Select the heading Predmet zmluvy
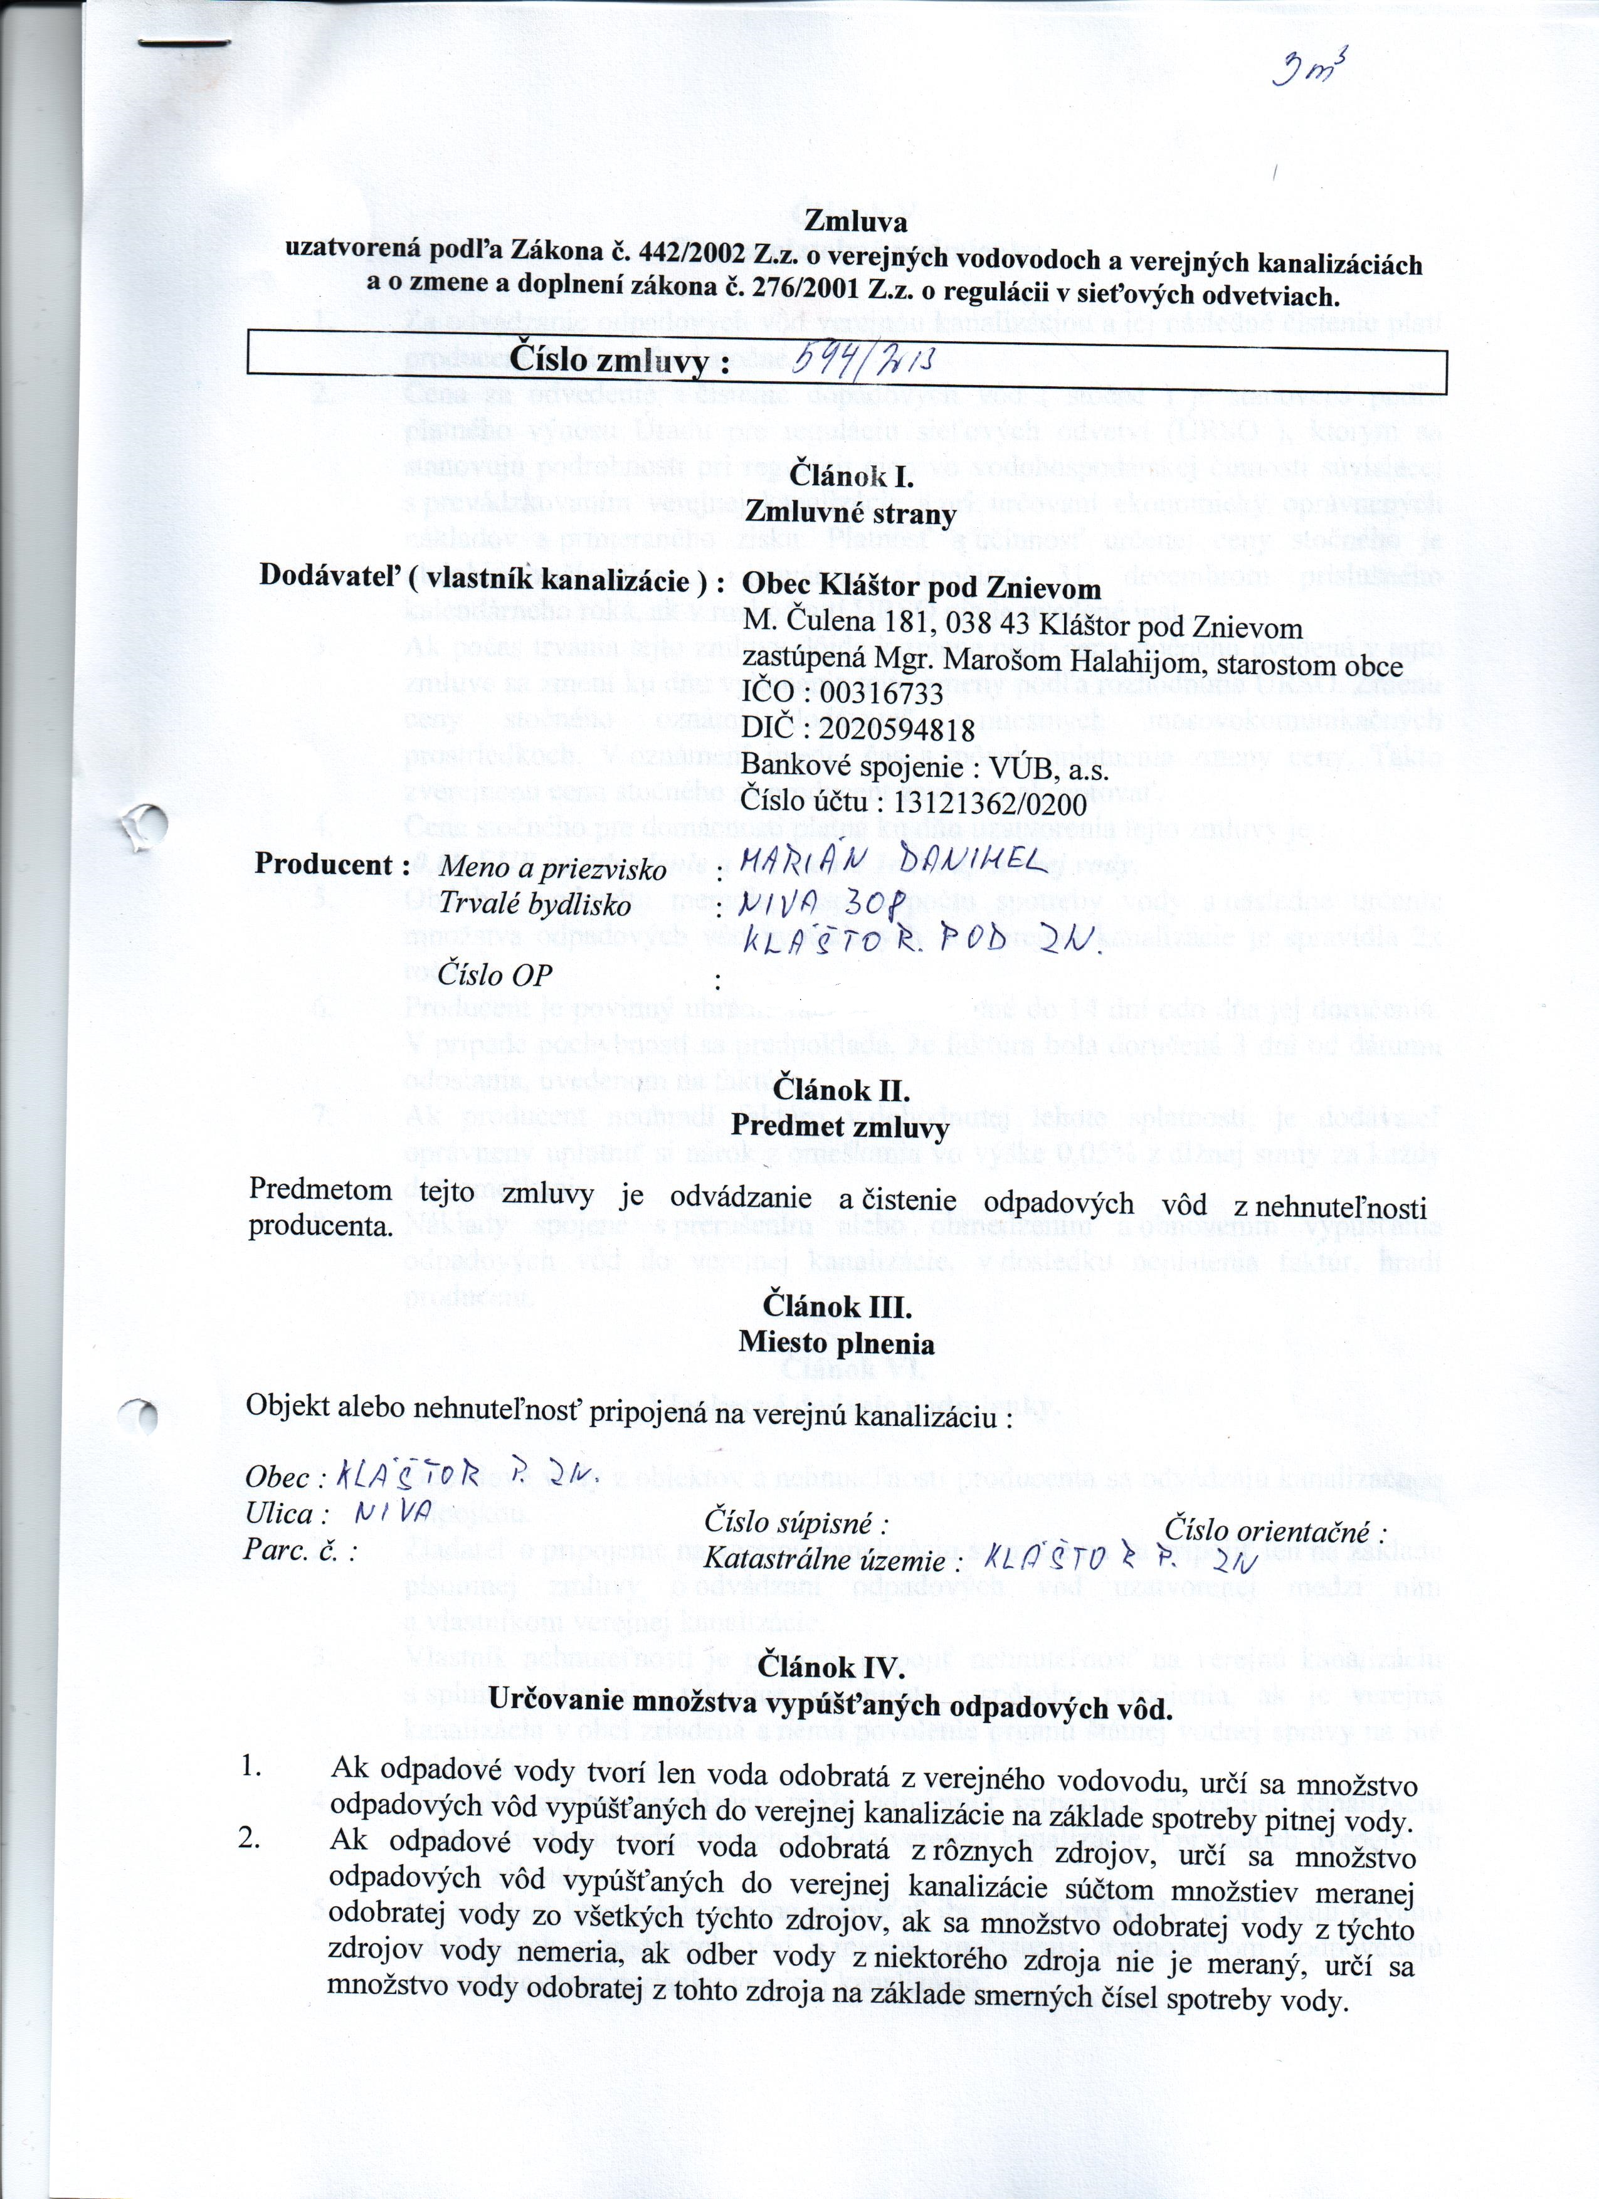(840, 1127)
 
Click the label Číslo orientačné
(1275, 1531)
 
